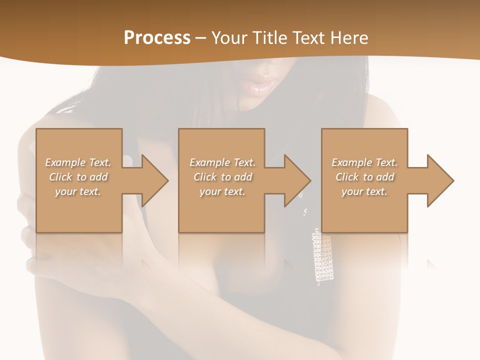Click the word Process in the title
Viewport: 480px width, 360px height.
[157, 38]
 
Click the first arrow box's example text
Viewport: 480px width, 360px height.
[78, 177]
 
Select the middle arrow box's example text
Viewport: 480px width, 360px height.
[222, 177]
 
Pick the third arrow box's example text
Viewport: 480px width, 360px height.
[364, 177]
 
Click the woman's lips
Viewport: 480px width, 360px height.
[261, 83]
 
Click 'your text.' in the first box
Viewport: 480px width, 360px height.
[78, 191]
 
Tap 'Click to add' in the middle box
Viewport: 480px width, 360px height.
[222, 177]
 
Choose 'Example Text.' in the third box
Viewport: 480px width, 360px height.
[364, 162]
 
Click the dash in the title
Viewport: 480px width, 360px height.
[201, 38]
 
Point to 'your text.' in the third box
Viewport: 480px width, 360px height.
[364, 191]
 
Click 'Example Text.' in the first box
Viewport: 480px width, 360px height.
[78, 162]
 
